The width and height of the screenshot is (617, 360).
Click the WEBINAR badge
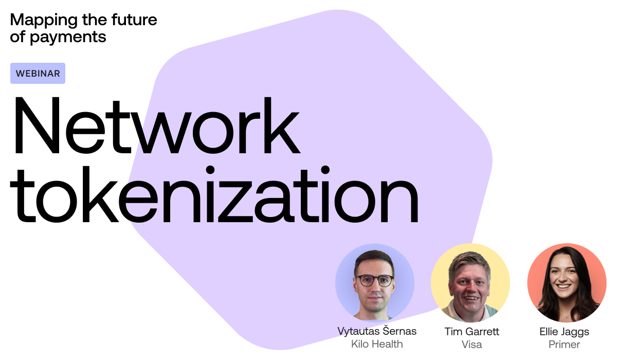[38, 73]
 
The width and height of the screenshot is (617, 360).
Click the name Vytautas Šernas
[377, 331]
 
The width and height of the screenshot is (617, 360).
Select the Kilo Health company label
[377, 344]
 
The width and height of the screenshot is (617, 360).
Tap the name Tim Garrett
[472, 331]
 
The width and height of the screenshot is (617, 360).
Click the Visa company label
[472, 344]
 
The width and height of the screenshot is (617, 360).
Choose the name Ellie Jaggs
[564, 331]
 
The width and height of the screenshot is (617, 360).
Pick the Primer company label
[564, 344]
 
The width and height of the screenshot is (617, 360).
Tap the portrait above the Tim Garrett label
[470, 283]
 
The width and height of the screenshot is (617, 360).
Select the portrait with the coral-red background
[567, 283]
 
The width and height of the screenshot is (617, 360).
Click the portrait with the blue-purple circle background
[375, 283]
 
